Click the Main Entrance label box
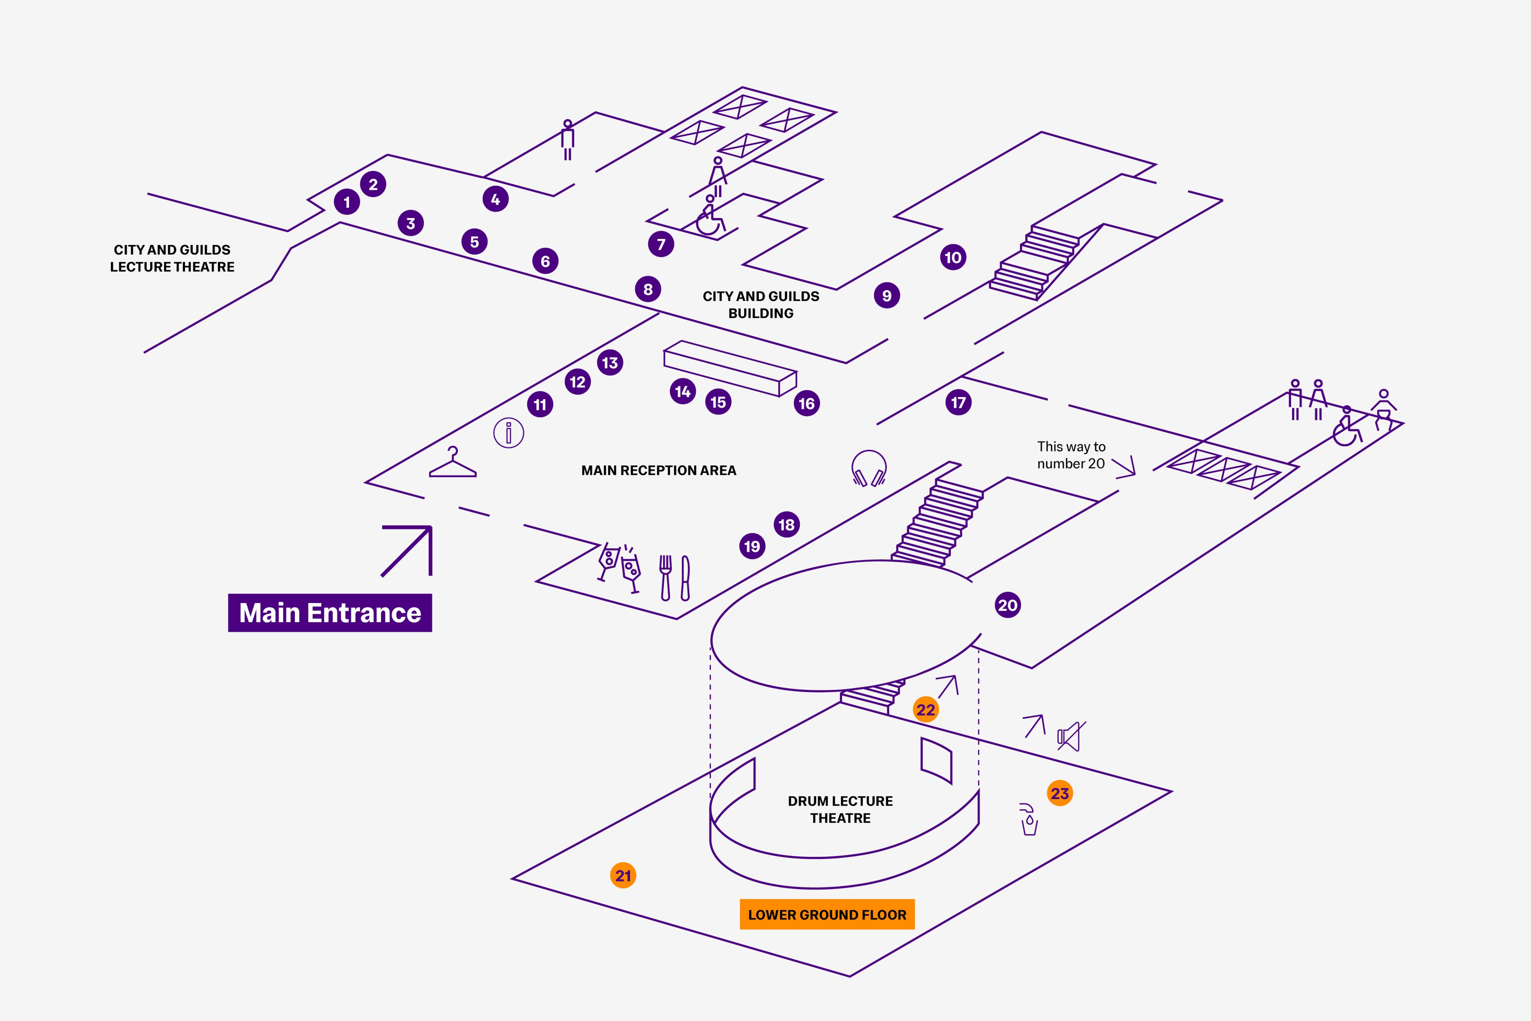pos(330,613)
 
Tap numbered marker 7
pos(661,244)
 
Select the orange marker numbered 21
pos(623,876)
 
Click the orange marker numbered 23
pos(1060,793)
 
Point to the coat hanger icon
pos(452,463)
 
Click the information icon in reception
pos(508,433)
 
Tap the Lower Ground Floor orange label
pos(827,914)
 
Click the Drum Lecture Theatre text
pos(840,809)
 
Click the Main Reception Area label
pos(658,470)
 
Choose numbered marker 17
pos(958,402)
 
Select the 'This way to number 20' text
pos(1071,455)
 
